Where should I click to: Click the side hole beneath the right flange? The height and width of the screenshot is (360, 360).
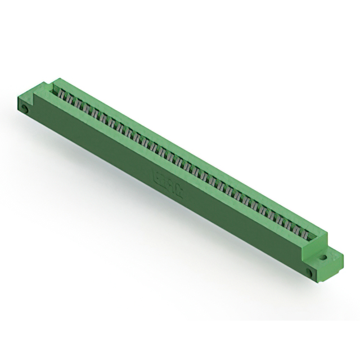tap(310, 273)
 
